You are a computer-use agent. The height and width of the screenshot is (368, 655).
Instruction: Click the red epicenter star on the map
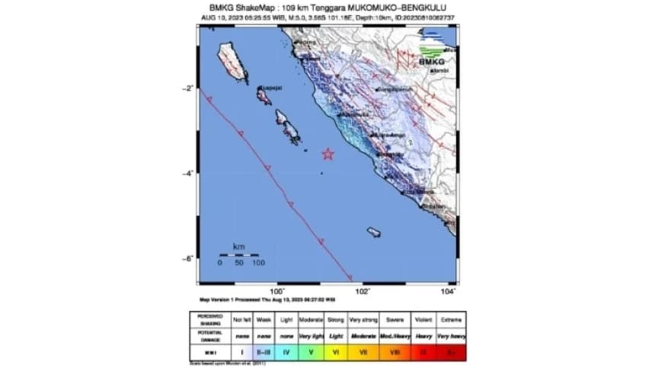tap(328, 154)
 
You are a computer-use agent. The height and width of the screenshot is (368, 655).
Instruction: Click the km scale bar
tap(238, 254)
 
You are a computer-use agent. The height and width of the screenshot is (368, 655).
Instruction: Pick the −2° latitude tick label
tap(188, 88)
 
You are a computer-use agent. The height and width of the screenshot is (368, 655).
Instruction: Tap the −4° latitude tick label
tap(188, 174)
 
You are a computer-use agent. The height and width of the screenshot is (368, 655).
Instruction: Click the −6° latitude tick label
tap(188, 259)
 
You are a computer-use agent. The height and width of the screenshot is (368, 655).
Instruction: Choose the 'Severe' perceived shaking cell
tap(395, 319)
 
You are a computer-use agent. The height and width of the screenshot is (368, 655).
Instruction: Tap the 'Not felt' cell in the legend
tap(241, 319)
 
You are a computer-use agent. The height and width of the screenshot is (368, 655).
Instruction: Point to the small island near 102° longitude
tap(374, 232)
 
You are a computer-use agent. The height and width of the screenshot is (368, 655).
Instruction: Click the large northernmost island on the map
tap(233, 62)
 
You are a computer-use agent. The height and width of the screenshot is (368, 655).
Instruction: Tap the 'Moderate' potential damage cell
tap(364, 336)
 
